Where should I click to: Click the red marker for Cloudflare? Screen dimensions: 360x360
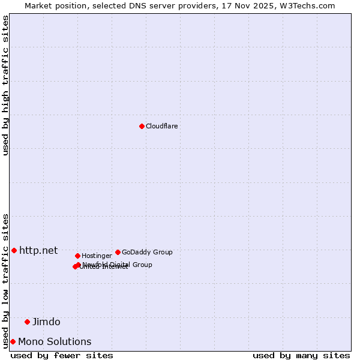pos(142,126)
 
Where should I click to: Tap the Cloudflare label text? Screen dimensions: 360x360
pos(162,126)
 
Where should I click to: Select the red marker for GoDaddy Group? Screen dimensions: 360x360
pos(118,252)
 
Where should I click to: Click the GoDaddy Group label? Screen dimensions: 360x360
pos(147,252)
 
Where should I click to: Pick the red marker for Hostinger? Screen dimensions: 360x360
pos(77,256)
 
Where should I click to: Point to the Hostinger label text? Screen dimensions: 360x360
pos(97,256)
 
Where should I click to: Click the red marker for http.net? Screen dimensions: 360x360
pos(14,250)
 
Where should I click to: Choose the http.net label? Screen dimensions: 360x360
pos(38,250)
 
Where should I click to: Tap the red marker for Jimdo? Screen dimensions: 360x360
pos(27,322)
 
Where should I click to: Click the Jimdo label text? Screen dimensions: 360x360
pos(46,322)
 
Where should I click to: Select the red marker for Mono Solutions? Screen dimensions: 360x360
pos(13,341)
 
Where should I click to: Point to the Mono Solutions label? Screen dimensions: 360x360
pos(55,341)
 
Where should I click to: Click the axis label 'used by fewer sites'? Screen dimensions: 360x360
pos(62,355)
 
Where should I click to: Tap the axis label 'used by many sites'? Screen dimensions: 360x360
pos(301,355)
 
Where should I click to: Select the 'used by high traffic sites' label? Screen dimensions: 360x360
pos(6,85)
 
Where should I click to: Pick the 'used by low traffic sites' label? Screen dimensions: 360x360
pos(6,281)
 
